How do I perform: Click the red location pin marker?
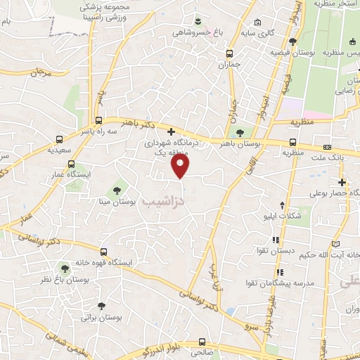click(x=181, y=167)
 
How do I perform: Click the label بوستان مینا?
click(x=117, y=202)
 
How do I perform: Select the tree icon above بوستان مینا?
click(x=117, y=190)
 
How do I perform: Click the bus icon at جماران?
click(x=229, y=53)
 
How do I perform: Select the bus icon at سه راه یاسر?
click(x=98, y=120)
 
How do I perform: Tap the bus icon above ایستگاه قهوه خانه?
click(x=104, y=251)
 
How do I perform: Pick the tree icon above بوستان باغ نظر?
click(x=65, y=268)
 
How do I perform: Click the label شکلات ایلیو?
click(x=300, y=216)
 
